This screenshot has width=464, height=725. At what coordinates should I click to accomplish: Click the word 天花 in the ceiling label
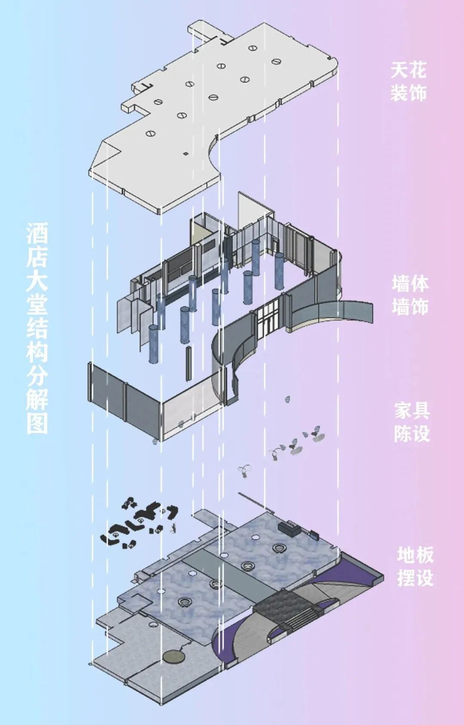[409, 70]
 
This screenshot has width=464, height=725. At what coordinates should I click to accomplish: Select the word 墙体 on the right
[410, 284]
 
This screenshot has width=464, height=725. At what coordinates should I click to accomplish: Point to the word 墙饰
[410, 308]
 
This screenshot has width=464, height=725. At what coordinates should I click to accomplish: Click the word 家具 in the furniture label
[412, 411]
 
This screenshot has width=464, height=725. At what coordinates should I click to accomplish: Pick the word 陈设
[412, 434]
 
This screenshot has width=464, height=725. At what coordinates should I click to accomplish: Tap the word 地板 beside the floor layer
[415, 555]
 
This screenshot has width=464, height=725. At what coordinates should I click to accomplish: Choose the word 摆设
[415, 579]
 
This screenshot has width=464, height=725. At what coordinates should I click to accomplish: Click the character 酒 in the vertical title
[37, 234]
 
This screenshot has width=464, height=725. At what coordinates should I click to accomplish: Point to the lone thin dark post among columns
[188, 363]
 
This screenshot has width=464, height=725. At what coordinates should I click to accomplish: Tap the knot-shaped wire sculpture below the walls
[245, 470]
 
